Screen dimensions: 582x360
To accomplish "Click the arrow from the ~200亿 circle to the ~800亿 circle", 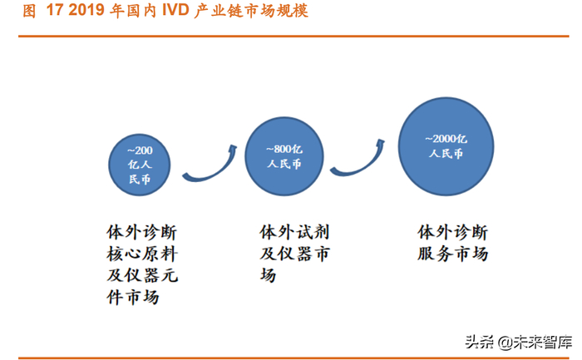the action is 208,165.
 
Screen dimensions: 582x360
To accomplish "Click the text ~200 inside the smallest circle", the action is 140,150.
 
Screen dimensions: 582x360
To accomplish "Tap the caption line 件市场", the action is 131,296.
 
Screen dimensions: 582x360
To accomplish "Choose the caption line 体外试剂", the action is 295,230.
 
